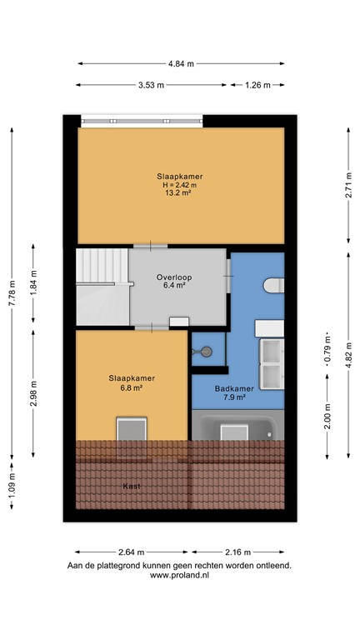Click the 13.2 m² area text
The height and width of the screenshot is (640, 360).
click(181, 196)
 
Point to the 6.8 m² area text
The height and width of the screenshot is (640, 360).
click(132, 387)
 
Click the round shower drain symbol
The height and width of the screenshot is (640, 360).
click(199, 352)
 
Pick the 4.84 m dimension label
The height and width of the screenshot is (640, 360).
click(181, 63)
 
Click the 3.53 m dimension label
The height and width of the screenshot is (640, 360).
click(149, 85)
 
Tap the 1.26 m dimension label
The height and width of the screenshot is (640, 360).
click(257, 85)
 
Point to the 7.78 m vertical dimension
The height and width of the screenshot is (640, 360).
click(12, 292)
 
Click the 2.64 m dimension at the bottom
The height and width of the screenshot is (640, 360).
click(131, 552)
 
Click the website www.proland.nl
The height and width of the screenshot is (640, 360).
click(179, 575)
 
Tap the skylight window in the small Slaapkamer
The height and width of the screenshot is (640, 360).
click(132, 430)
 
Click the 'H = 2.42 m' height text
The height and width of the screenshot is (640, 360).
click(181, 186)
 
